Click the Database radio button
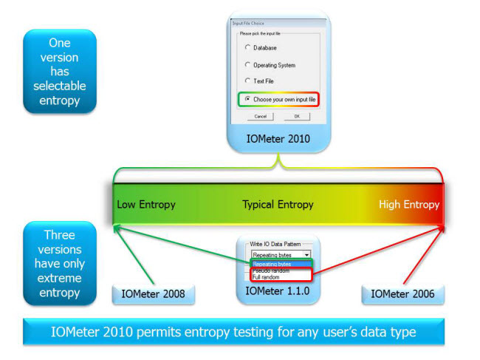[247, 47]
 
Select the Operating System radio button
[247, 64]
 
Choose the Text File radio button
[247, 81]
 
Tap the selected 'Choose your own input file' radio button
[247, 98]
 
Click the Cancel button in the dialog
[261, 116]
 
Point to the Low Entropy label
[146, 204]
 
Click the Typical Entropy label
[278, 204]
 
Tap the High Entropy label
[408, 204]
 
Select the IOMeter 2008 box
[153, 293]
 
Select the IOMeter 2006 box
[403, 293]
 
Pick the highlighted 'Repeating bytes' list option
[272, 264]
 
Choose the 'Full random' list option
[267, 277]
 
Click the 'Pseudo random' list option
[270, 271]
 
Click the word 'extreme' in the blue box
[60, 278]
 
